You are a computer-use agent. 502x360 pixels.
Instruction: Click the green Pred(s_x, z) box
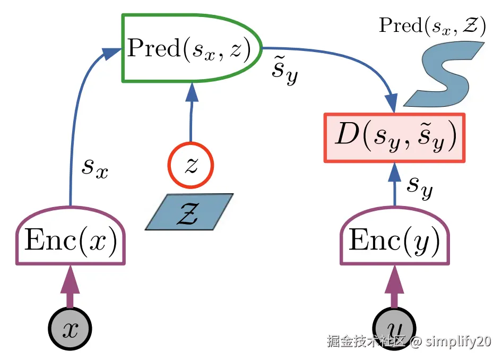[x=191, y=48]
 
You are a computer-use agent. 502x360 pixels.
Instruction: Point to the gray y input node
[x=394, y=325]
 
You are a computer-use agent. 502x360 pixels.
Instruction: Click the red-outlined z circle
[x=191, y=166]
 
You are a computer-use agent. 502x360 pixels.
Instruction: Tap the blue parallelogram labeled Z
[x=189, y=211]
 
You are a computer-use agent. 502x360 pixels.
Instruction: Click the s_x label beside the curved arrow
[x=95, y=168]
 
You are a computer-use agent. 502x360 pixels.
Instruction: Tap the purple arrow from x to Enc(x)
[x=70, y=290]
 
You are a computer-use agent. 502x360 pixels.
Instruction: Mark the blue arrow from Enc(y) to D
[x=394, y=186]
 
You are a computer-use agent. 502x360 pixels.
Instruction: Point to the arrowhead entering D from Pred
[x=392, y=102]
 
